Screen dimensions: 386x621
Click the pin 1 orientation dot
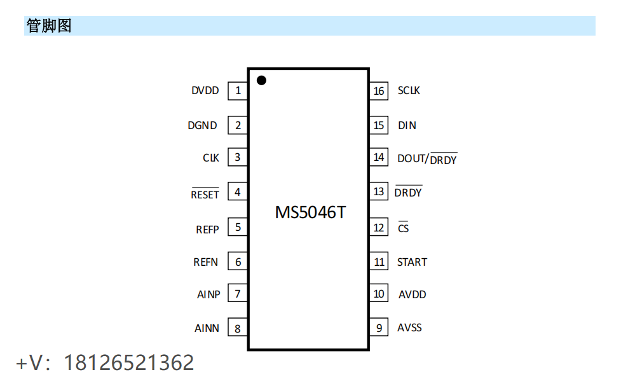pos(261,80)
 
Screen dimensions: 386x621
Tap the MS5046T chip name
pos(310,212)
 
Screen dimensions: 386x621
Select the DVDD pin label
pos(205,91)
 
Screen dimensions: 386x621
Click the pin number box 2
pos(238,125)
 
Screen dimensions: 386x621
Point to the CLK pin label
pos(211,158)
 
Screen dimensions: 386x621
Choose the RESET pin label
pos(205,195)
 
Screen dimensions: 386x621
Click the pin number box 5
pos(238,226)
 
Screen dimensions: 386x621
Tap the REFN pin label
pos(205,262)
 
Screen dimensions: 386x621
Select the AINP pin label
pos(208,294)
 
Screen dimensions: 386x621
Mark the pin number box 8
pos(238,328)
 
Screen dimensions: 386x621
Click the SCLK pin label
pos(409,91)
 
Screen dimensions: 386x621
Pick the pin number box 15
pos(379,125)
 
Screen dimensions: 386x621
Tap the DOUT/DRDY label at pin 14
pos(427,159)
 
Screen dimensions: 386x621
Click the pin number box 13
pos(379,191)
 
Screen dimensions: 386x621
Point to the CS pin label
pos(404,228)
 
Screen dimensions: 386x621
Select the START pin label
pos(412,262)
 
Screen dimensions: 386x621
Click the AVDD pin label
pos(412,294)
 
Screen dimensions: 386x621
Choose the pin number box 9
pos(379,328)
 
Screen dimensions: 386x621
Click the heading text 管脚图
pos(49,26)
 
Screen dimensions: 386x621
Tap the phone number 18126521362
pos(129,362)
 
